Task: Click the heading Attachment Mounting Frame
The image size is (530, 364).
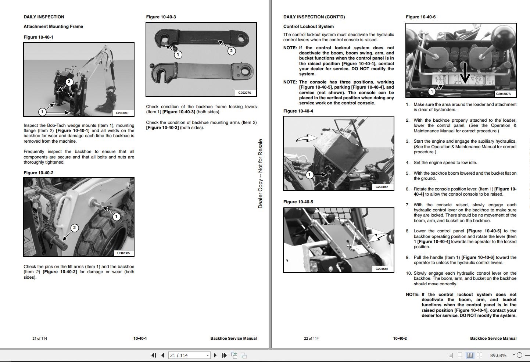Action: [53, 26]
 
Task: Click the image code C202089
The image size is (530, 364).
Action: [122, 113]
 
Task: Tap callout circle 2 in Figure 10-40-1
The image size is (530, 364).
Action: [69, 82]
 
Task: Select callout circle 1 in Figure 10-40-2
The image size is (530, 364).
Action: [116, 217]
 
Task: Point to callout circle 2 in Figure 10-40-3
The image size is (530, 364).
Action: [231, 51]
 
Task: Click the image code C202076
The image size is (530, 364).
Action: [244, 93]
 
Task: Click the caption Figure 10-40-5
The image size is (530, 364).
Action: [298, 202]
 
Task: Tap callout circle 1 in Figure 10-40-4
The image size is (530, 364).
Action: [309, 175]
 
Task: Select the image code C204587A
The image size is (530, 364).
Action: [505, 94]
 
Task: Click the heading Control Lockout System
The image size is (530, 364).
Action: [308, 26]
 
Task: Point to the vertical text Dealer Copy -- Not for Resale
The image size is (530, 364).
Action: [260, 174]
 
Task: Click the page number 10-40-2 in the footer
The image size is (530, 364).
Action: [400, 338]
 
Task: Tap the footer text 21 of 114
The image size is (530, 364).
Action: [40, 338]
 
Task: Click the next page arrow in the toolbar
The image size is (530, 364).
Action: [215, 355]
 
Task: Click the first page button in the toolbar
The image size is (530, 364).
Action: [154, 355]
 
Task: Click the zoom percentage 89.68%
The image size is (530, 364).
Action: [498, 355]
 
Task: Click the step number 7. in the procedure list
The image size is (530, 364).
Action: [408, 205]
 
